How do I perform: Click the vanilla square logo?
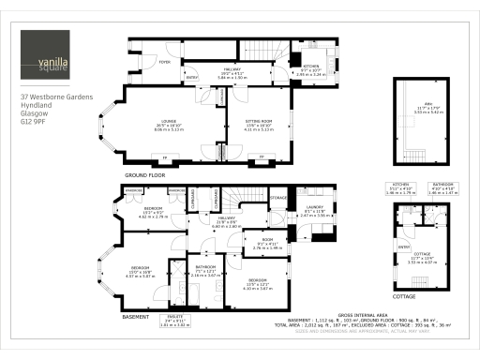[x=46, y=57]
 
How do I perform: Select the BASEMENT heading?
[x=137, y=317]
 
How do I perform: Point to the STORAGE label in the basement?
[x=278, y=198]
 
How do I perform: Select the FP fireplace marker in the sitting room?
[x=261, y=156]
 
